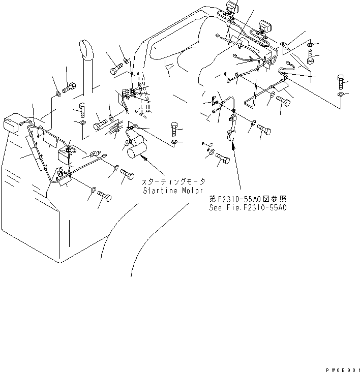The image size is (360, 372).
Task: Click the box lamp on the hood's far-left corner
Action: [x=12, y=125]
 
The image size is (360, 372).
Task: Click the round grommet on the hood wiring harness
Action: [x=60, y=176]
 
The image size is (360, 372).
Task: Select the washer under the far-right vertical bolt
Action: [x=341, y=95]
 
